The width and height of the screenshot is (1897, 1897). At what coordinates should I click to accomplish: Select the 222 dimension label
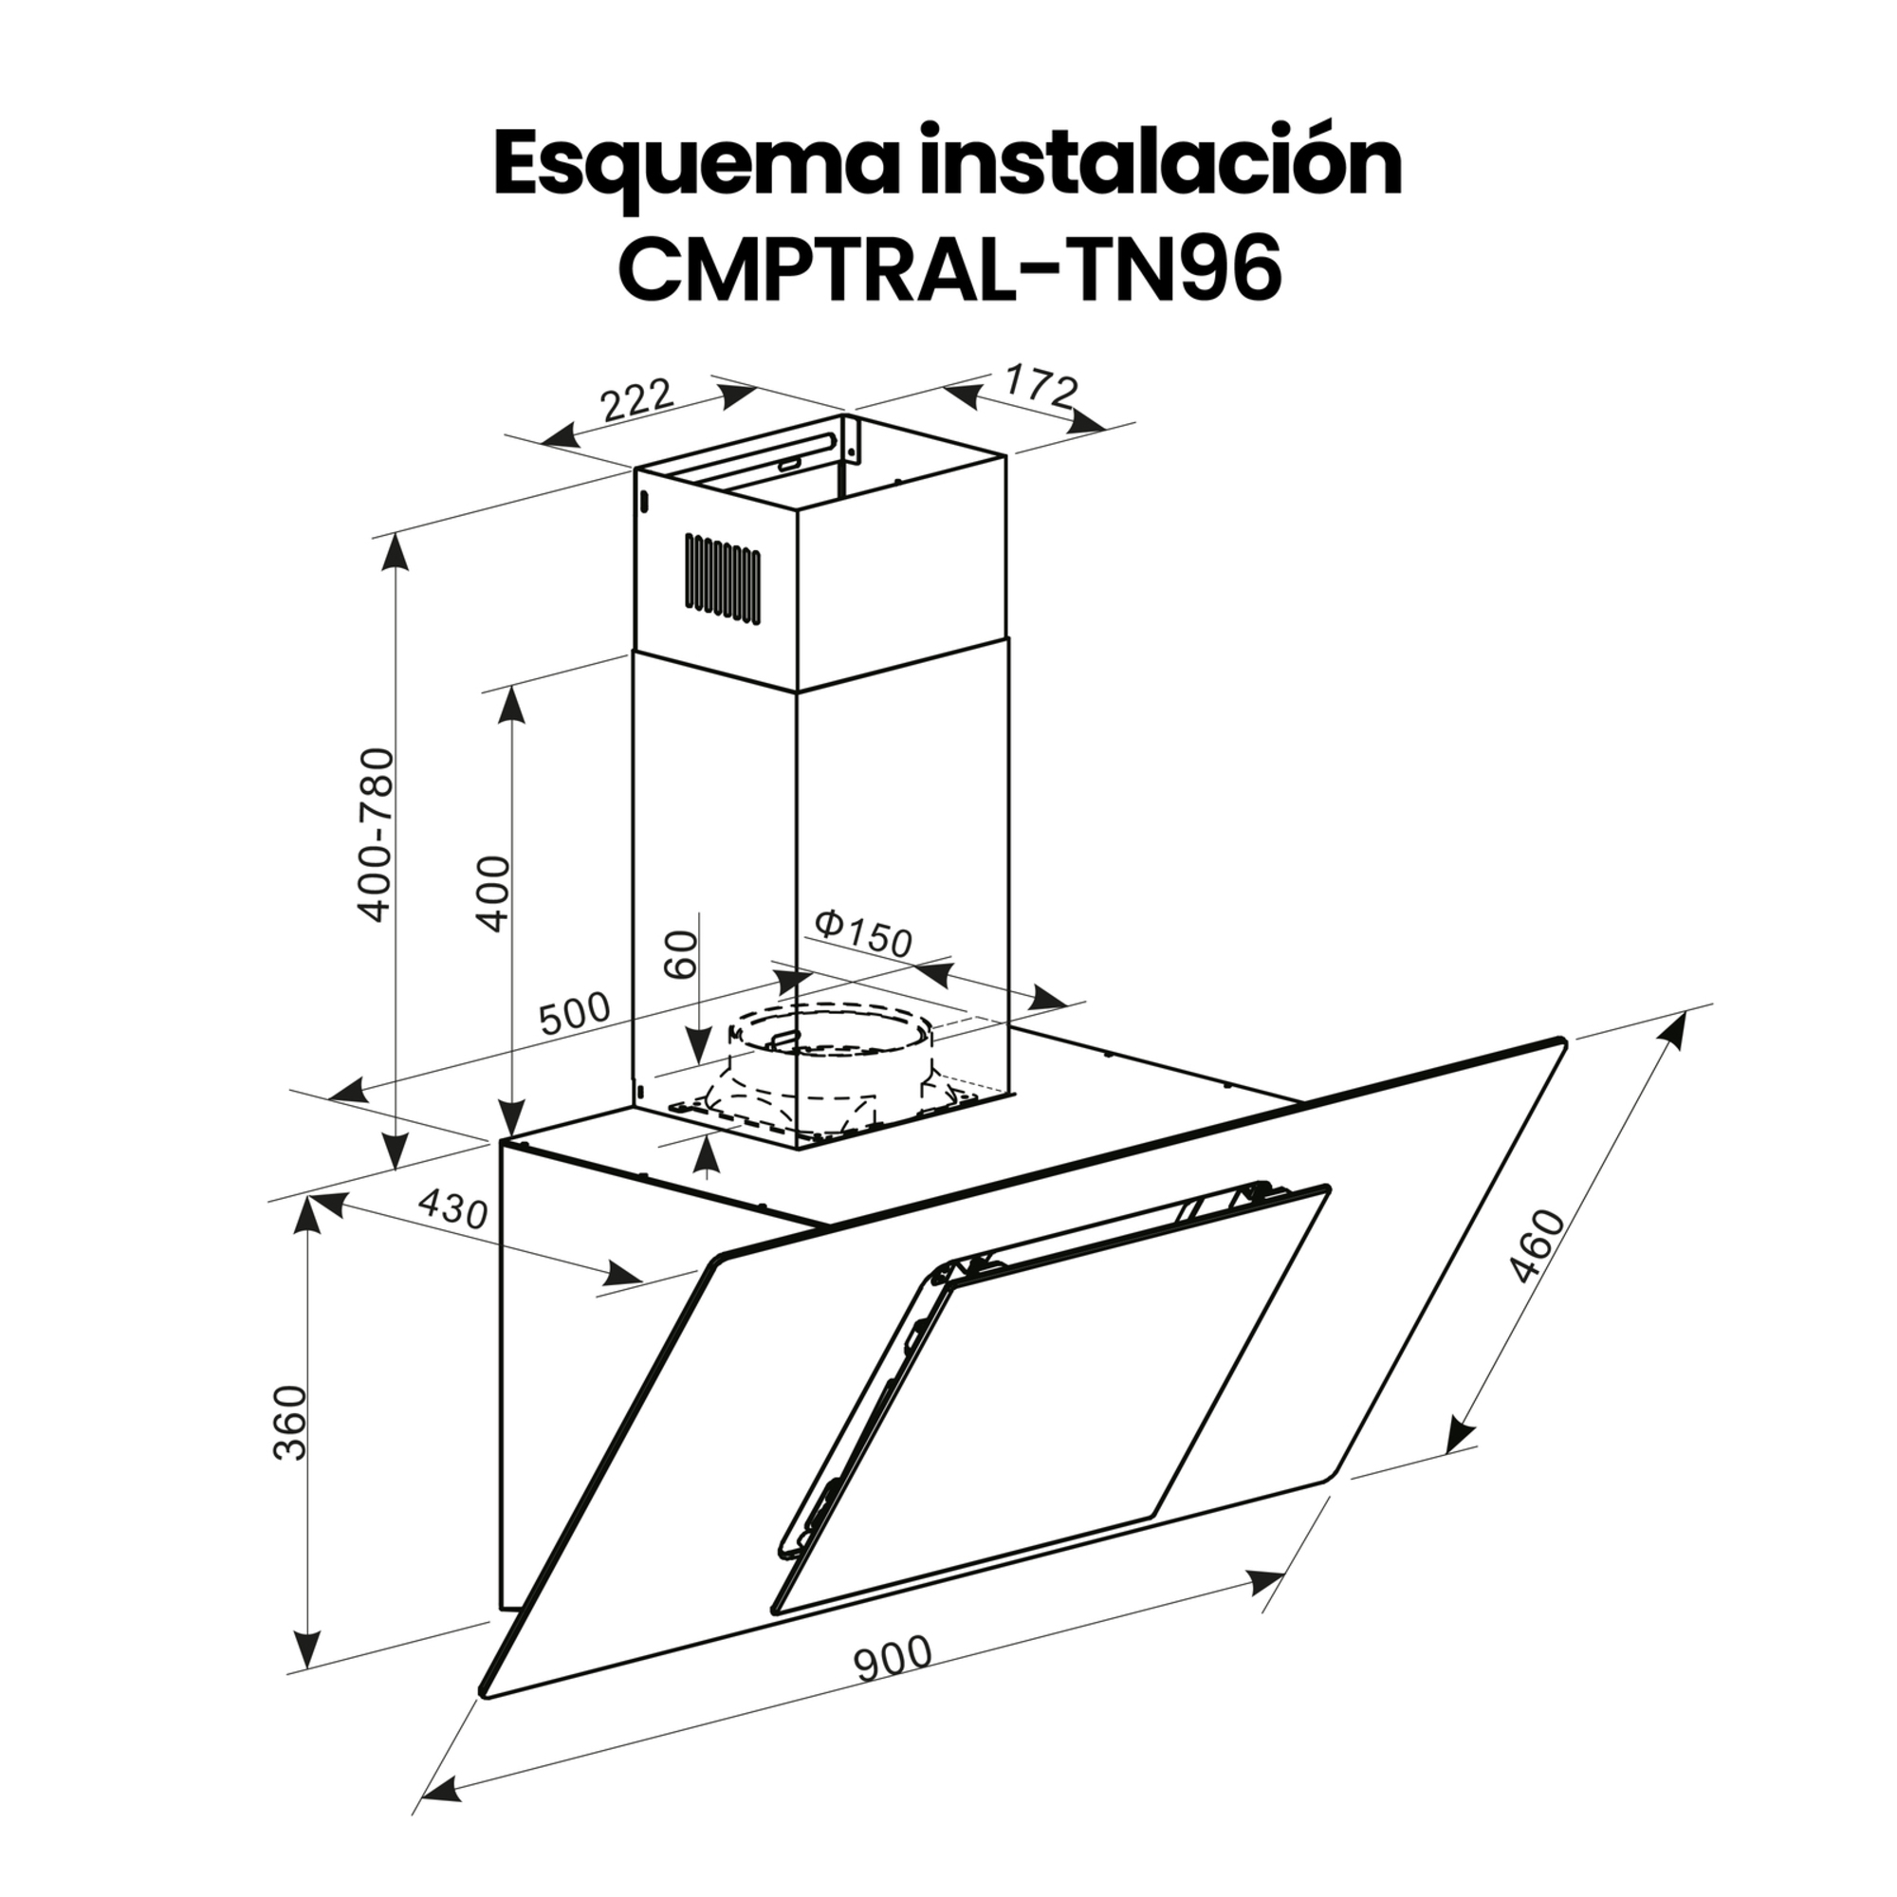tap(637, 399)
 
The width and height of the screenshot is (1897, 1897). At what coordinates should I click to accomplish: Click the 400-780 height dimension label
tap(376, 836)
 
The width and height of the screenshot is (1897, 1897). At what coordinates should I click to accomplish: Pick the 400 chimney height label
tap(494, 893)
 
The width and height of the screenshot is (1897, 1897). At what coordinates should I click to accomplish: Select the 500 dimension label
tap(574, 1014)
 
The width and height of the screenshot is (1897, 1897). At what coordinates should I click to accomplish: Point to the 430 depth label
tap(451, 1208)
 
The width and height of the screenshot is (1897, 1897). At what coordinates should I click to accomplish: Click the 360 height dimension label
tap(291, 1422)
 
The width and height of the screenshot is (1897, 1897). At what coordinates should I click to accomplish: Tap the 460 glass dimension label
tap(1537, 1248)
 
